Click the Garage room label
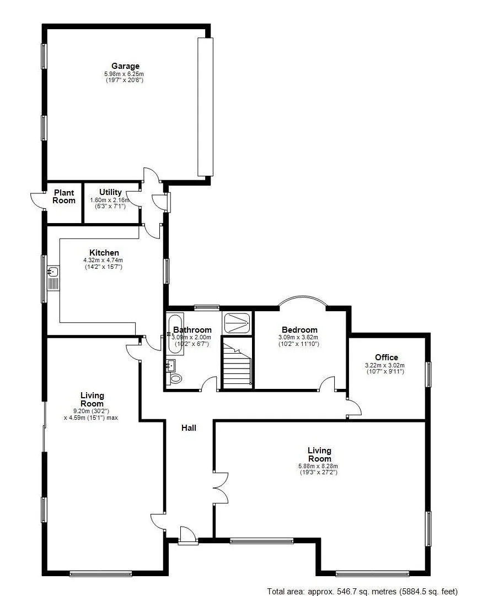point(126,66)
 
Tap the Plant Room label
point(64,197)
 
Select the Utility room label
point(110,192)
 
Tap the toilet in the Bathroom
point(175,378)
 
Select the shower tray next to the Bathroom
point(238,323)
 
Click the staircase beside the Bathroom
point(237,364)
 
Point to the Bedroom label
point(299,330)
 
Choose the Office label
point(386,357)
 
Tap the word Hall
point(189,427)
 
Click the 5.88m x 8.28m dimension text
point(318,466)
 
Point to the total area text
point(362,591)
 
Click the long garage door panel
point(205,107)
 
